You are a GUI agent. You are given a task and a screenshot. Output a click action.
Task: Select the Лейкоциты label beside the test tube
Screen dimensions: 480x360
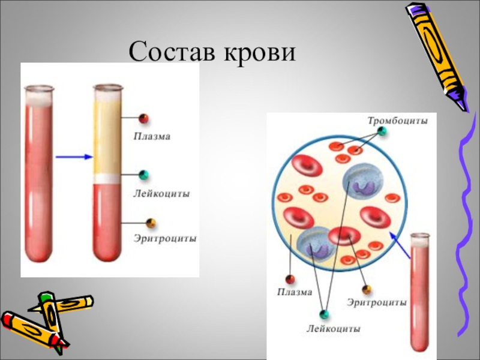(161, 194)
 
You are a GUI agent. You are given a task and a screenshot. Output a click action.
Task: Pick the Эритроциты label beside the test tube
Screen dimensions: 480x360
(164, 238)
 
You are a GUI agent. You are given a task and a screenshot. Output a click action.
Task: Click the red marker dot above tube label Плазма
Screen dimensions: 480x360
(143, 118)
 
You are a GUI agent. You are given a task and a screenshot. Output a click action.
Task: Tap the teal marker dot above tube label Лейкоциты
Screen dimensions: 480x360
(143, 175)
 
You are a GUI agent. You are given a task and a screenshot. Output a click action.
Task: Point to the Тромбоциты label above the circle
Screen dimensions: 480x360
(398, 121)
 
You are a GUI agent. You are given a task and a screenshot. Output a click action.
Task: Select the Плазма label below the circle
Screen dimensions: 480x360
(294, 292)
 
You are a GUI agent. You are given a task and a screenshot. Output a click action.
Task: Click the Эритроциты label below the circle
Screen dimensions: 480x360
(377, 302)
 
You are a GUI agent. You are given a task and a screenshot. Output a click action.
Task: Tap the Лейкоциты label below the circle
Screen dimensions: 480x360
(334, 329)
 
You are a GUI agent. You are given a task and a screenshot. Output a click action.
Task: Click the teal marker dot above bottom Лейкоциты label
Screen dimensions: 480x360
(325, 314)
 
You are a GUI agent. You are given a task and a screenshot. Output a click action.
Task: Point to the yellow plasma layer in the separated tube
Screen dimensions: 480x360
(107, 135)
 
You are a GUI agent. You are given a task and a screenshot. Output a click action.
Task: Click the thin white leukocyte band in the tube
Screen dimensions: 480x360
(107, 178)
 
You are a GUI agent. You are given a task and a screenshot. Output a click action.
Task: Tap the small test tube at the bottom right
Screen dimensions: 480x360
(422, 294)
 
